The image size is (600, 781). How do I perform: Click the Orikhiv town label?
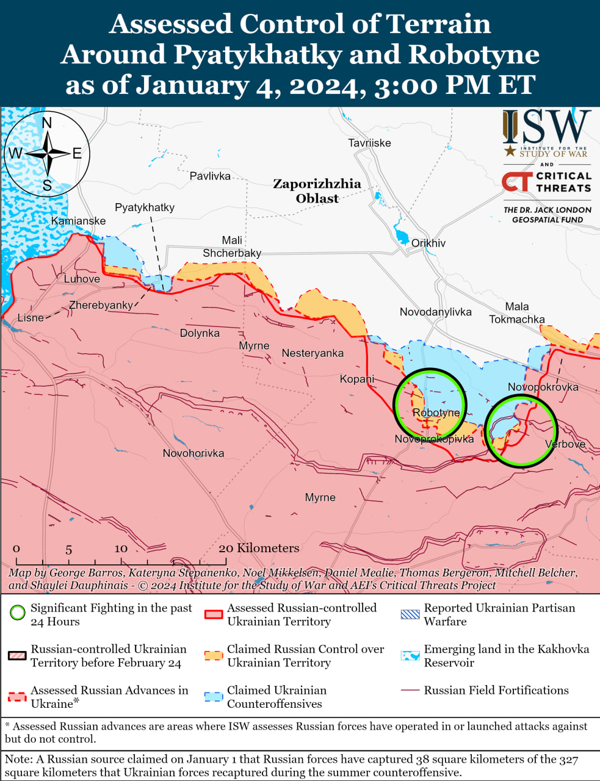[428, 243]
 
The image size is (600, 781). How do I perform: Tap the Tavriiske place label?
[369, 143]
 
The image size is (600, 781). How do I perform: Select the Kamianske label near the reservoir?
[78, 221]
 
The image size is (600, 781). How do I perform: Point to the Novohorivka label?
[193, 453]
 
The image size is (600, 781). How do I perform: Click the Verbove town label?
[565, 444]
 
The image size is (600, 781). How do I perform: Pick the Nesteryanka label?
[313, 353]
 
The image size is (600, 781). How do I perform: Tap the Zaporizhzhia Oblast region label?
[317, 191]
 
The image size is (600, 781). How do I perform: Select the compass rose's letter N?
[47, 124]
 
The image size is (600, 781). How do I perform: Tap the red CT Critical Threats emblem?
[516, 182]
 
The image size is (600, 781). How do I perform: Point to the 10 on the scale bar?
[121, 549]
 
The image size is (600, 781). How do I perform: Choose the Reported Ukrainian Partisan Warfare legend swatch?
[410, 614]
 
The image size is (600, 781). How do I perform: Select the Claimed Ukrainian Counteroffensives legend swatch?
[214, 697]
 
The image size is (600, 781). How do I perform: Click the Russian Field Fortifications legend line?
[410, 690]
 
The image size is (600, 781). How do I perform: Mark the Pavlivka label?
[210, 176]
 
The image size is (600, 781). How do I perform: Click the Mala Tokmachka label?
[516, 313]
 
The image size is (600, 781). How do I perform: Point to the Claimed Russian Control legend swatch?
[214, 655]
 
